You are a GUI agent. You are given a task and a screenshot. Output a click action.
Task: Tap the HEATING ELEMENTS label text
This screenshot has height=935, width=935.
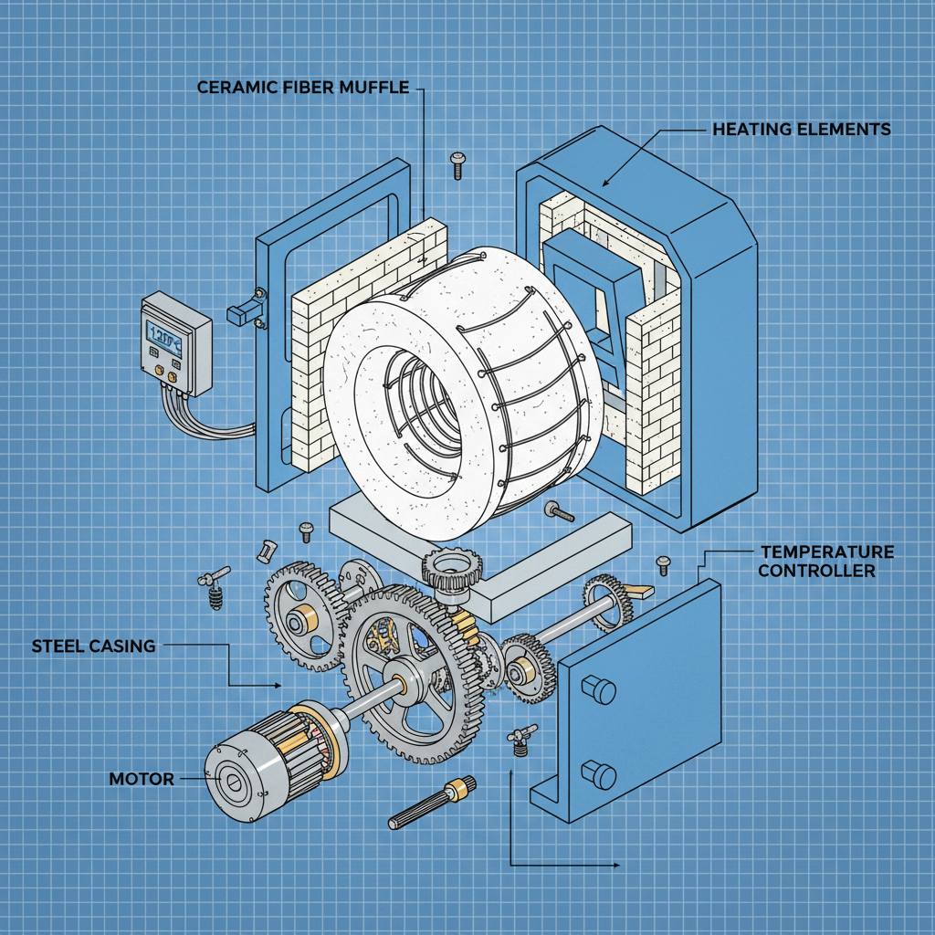coord(801,130)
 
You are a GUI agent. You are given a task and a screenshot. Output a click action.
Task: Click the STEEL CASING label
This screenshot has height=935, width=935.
coord(93,646)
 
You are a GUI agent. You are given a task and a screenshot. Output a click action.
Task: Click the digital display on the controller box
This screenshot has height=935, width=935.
coord(165,340)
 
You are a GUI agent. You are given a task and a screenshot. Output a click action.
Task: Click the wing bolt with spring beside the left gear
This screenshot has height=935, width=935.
coord(213,588)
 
